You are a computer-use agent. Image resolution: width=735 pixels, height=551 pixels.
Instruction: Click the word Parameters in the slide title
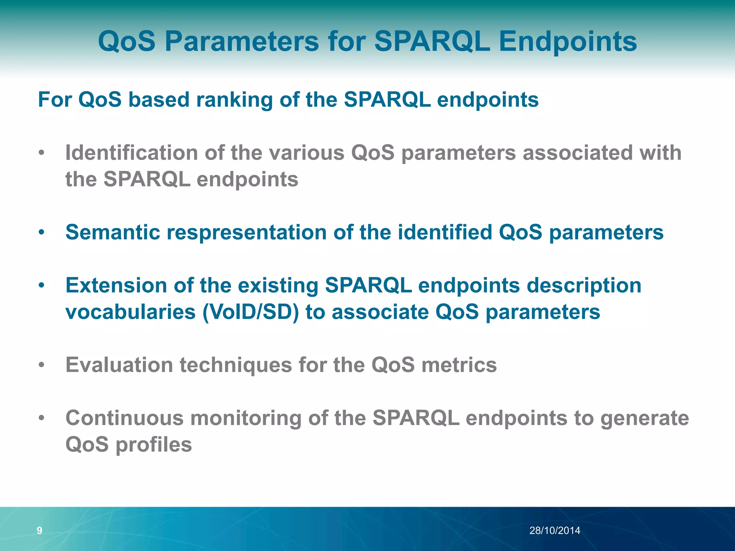tap(242, 41)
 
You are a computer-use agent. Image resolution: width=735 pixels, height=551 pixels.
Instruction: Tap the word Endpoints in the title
tap(568, 41)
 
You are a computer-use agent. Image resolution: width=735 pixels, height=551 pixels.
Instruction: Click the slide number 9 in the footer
tap(39, 531)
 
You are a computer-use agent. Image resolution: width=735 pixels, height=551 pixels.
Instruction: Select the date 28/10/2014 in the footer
tap(554, 531)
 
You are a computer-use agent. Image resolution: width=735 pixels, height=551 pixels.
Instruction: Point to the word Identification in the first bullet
tap(131, 153)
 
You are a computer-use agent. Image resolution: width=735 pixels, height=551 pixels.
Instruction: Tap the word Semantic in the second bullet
tap(112, 232)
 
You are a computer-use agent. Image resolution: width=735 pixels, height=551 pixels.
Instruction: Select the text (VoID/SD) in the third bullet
tap(251, 312)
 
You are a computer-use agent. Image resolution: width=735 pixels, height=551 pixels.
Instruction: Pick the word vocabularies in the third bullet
tap(130, 312)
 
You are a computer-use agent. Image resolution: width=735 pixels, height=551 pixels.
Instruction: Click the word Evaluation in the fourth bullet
tap(119, 365)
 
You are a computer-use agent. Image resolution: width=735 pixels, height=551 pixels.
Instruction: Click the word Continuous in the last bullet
tap(124, 418)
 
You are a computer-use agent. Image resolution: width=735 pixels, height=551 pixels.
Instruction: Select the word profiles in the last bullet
tap(154, 445)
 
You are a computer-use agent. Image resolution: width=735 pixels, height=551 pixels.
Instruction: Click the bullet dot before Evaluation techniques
tap(42, 366)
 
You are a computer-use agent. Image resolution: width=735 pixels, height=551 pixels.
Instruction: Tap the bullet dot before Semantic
tap(42, 232)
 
